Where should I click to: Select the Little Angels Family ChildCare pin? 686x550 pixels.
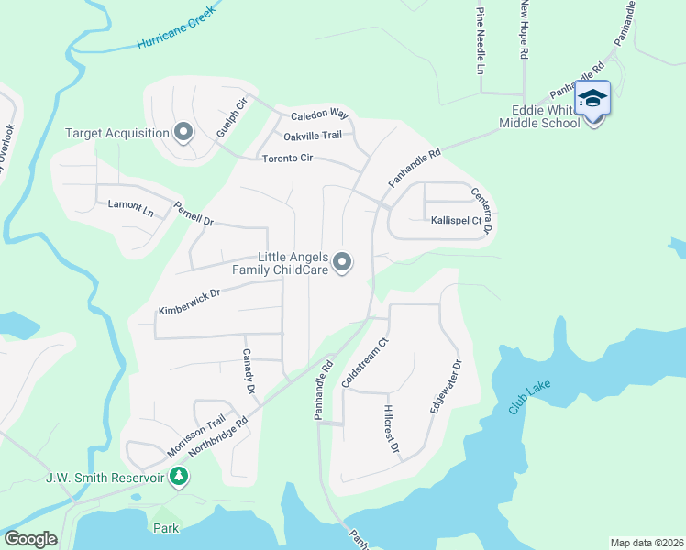click(x=342, y=263)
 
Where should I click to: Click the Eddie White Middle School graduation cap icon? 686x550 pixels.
click(x=592, y=98)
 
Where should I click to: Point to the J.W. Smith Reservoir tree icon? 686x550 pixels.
click(x=180, y=477)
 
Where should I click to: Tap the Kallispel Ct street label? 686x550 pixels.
click(x=456, y=221)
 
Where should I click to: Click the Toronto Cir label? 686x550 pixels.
click(x=288, y=158)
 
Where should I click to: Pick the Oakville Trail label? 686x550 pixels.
click(x=312, y=136)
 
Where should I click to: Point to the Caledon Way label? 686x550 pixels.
click(x=319, y=115)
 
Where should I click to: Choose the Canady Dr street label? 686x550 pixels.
click(x=248, y=370)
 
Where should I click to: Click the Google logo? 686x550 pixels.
click(x=30, y=539)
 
